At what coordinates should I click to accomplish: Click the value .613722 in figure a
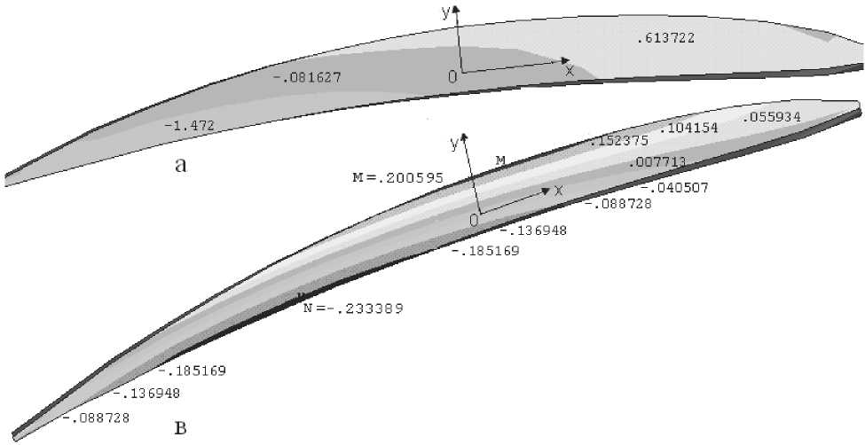(665, 38)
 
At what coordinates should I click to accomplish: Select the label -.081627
(307, 78)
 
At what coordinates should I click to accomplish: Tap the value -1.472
(189, 125)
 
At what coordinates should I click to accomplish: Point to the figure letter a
(180, 165)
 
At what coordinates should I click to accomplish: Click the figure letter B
(180, 428)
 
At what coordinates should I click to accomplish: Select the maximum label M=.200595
(397, 177)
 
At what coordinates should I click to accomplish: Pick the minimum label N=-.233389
(353, 308)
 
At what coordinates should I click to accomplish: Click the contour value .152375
(619, 141)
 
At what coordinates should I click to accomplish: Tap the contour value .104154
(688, 129)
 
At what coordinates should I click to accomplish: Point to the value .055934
(771, 117)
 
